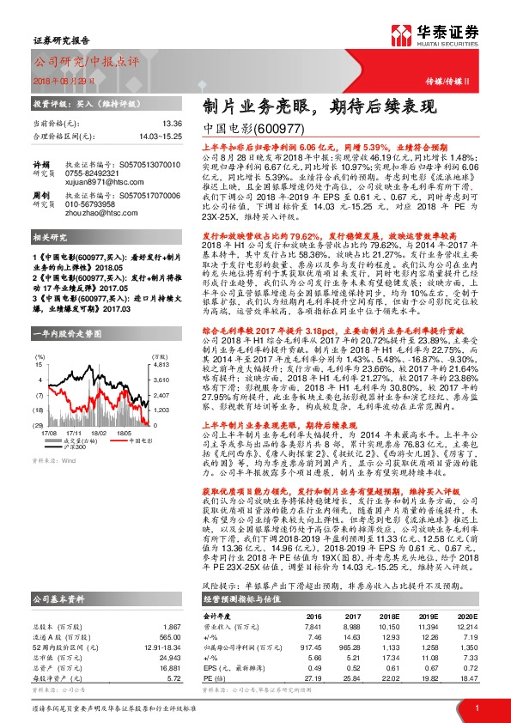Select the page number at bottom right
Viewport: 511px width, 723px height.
coord(476,707)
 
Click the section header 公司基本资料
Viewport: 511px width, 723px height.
coord(59,551)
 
